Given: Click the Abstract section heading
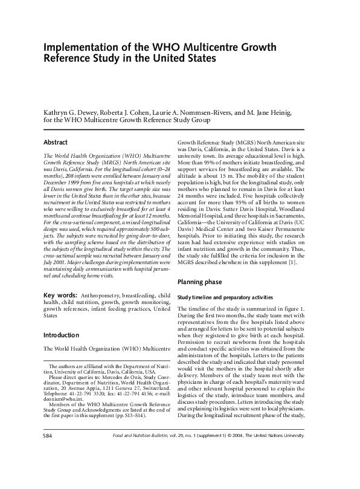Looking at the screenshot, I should (x=56, y=142).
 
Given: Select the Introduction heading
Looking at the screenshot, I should (x=61, y=335).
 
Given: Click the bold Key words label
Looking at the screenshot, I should (x=60, y=295).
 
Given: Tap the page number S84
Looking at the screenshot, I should (x=48, y=468).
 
